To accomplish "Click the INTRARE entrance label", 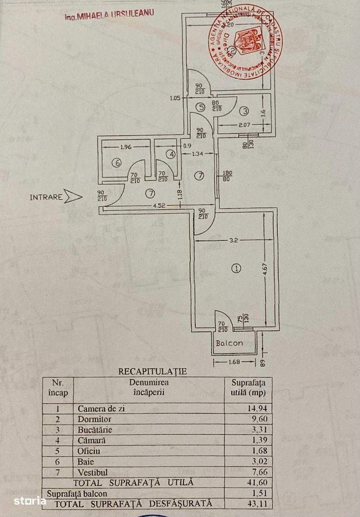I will coord(46,197).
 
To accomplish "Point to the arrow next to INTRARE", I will coord(73,197).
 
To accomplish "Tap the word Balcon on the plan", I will coord(229,343).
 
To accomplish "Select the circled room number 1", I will coord(235,268).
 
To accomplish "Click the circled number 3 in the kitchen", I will coord(244,111).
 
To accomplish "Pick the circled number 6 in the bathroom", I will coord(117,163).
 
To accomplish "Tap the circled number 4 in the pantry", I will coord(171,154).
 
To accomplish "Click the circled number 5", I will coord(200,107).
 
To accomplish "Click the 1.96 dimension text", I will coord(126,148).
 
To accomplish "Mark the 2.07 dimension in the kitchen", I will coord(244,125).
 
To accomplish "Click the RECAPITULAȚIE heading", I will coord(152,371).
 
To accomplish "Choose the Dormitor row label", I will coord(94,419).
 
